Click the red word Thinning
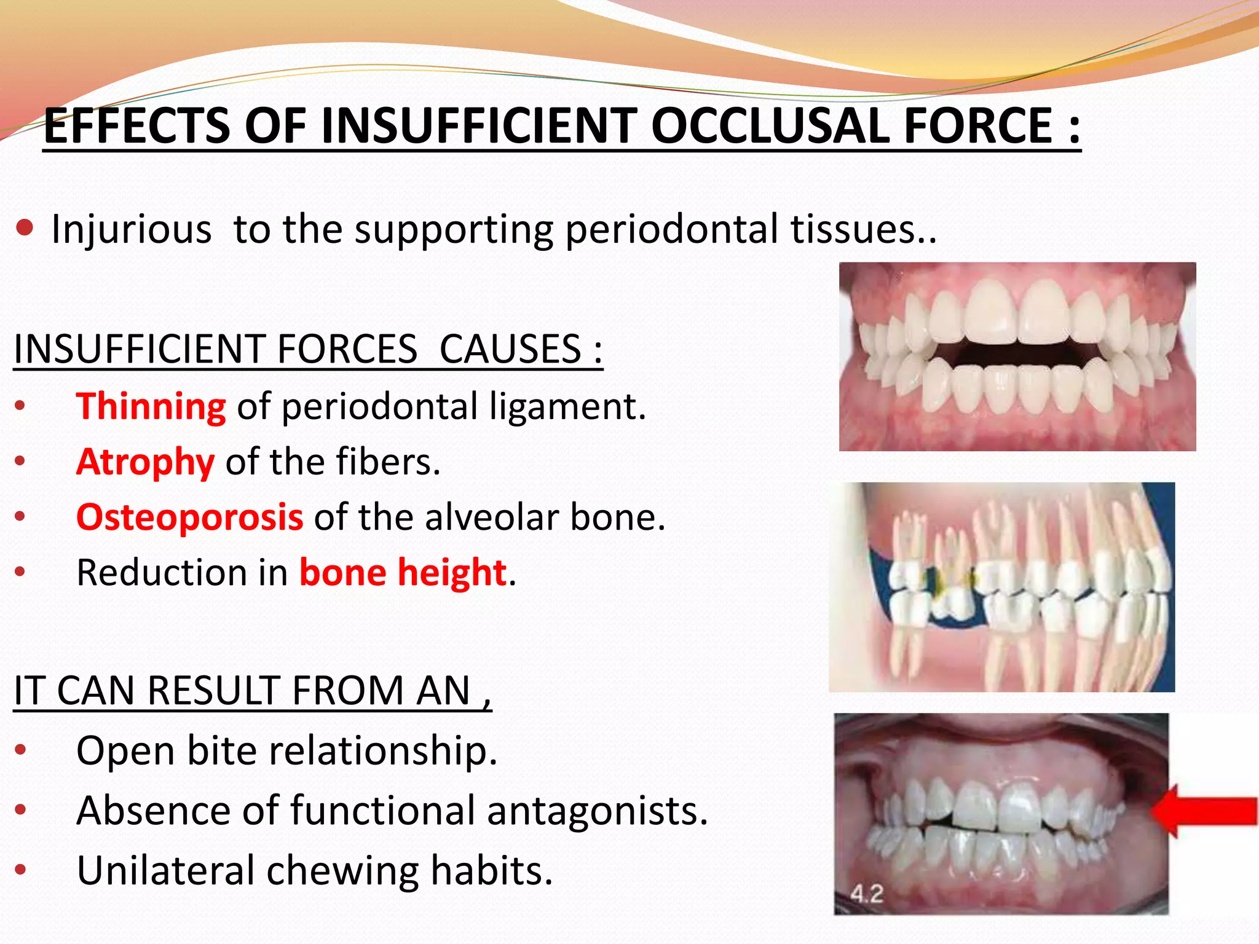coord(151,407)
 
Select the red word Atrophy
coord(145,462)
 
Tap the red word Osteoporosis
coord(189,517)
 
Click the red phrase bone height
coord(403,572)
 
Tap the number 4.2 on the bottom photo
coord(867,893)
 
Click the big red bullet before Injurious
coord(25,229)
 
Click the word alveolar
coord(492,517)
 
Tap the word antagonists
coord(598,811)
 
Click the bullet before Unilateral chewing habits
coord(20,870)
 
